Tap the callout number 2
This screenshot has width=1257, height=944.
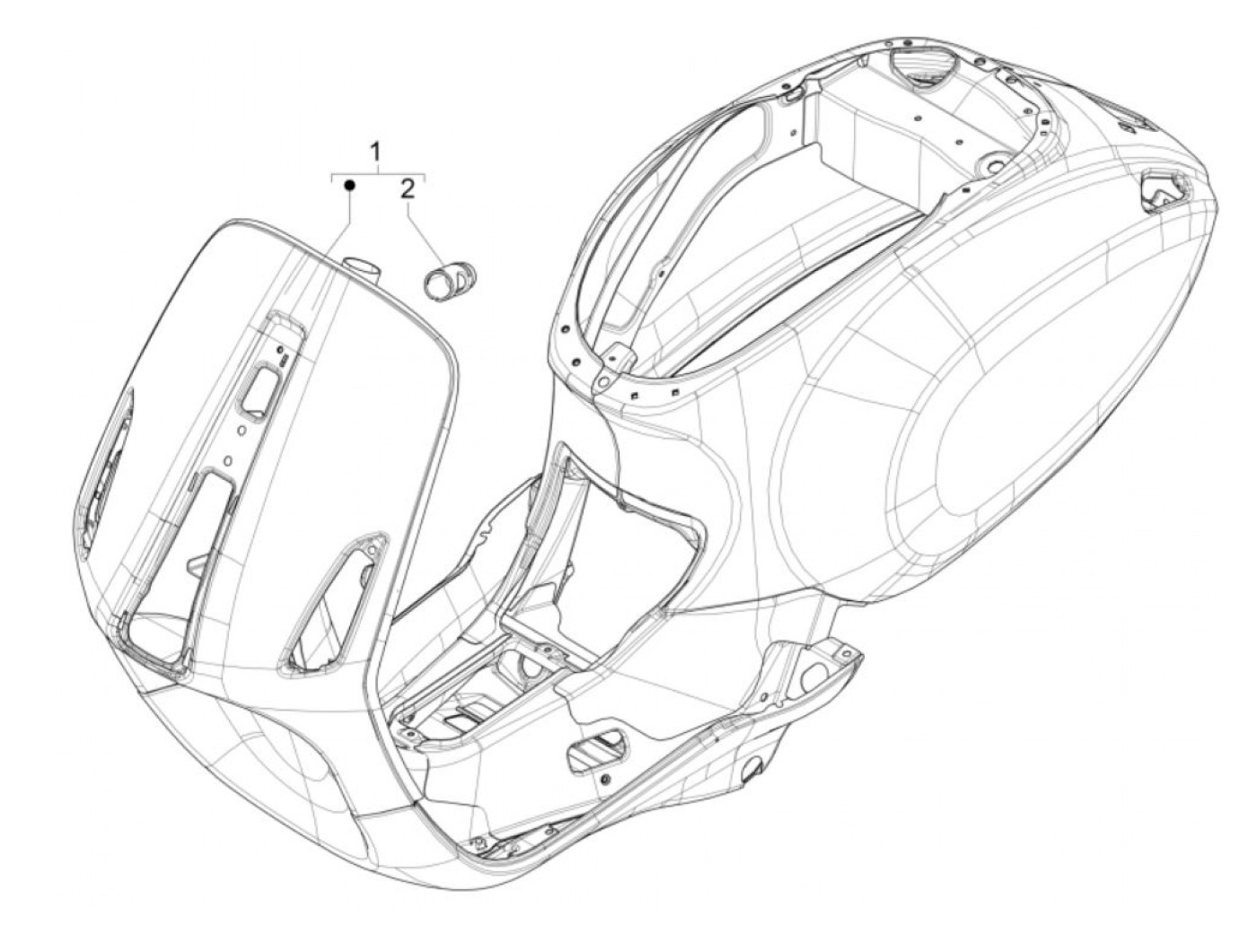pyautogui.click(x=408, y=188)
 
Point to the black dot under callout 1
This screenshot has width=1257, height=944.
pyautogui.click(x=350, y=185)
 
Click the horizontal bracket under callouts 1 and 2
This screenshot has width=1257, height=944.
pyautogui.click(x=378, y=172)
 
